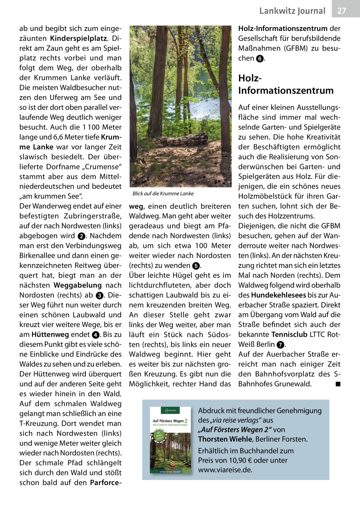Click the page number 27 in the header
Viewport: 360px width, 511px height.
pos(342,11)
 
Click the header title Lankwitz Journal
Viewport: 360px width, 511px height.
pos(292,11)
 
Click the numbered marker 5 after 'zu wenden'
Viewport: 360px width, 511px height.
pos(195,266)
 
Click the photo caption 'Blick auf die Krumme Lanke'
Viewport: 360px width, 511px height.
pos(163,194)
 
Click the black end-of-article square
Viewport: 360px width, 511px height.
pos(337,384)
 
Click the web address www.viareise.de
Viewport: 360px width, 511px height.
pos(225,470)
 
